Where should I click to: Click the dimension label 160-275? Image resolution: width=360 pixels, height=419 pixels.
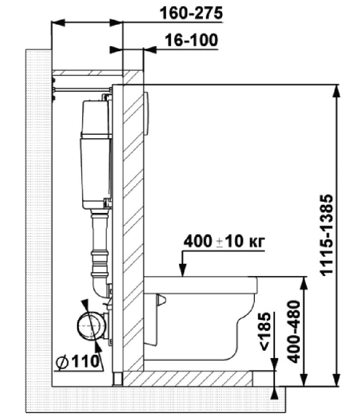click(x=191, y=13)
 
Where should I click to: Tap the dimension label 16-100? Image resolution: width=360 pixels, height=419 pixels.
click(x=191, y=40)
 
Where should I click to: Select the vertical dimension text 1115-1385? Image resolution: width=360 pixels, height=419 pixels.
click(x=327, y=235)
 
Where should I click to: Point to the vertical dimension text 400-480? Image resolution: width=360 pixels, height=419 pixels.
click(x=294, y=331)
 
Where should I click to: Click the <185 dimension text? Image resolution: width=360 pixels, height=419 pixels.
click(x=265, y=331)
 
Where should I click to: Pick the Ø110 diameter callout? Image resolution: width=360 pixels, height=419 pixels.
click(x=77, y=361)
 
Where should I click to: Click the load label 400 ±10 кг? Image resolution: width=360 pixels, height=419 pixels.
click(x=224, y=241)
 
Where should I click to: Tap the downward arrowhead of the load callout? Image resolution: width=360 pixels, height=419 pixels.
click(x=183, y=270)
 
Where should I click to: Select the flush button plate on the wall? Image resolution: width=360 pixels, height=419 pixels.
click(x=146, y=113)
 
